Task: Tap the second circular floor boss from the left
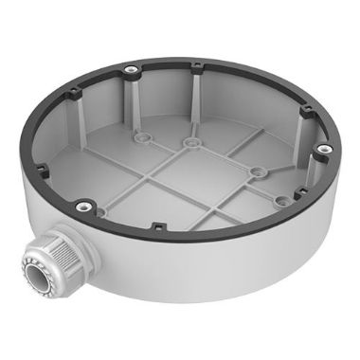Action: click(191, 143)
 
